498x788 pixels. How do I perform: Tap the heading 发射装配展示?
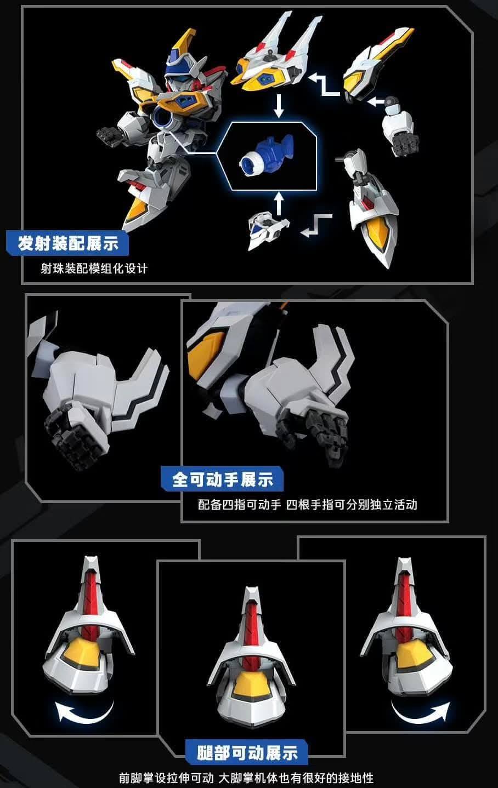pyautogui.click(x=68, y=243)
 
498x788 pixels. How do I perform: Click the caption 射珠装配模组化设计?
pyautogui.click(x=94, y=269)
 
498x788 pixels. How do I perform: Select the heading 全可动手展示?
pyautogui.click(x=222, y=480)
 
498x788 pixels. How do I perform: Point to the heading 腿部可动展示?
pyautogui.click(x=247, y=753)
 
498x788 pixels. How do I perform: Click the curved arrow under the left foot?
pyautogui.click(x=84, y=712)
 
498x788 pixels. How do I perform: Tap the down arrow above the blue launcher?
pyautogui.click(x=279, y=106)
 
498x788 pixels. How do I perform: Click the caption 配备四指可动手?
pyautogui.click(x=239, y=505)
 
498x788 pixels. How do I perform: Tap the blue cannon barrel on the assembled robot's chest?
pyautogui.click(x=164, y=116)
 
